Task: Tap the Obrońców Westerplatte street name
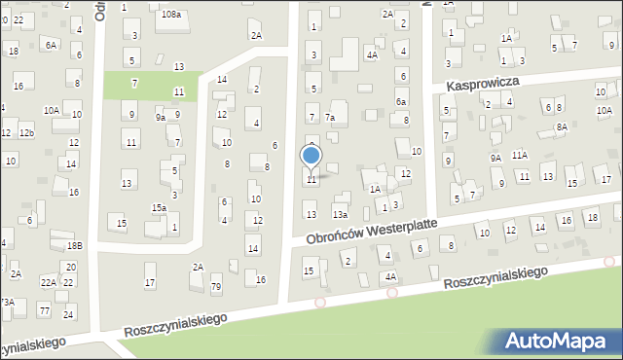(x=371, y=232)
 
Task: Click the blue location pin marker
(x=311, y=157)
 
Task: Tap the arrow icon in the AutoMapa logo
(x=515, y=341)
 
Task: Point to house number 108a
(x=171, y=15)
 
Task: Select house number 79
(x=216, y=286)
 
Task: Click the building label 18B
(x=75, y=247)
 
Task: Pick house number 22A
(x=48, y=282)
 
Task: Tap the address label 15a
(x=158, y=208)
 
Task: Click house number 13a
(x=340, y=214)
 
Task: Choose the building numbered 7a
(x=330, y=118)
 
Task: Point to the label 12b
(x=27, y=132)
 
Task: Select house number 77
(x=44, y=308)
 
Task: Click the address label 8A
(x=562, y=127)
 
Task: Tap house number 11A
(x=520, y=155)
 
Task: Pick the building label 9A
(x=495, y=158)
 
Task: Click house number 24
(x=68, y=315)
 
